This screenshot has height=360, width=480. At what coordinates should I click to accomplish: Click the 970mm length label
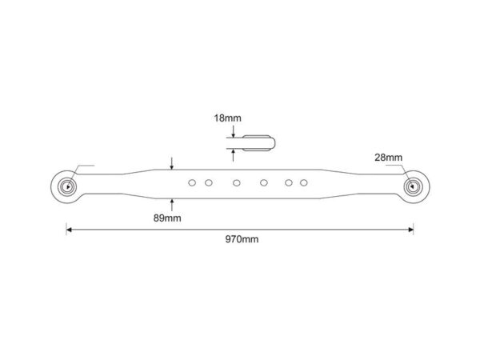[x=242, y=239]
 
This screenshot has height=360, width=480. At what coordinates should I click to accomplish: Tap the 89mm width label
[x=167, y=218]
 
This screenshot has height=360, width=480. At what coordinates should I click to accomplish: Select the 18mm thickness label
[x=227, y=118]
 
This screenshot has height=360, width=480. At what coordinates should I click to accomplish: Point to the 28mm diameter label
[x=389, y=158]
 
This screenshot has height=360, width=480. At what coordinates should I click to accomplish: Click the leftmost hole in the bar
[x=192, y=183]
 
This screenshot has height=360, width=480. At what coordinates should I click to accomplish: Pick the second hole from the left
[x=209, y=183]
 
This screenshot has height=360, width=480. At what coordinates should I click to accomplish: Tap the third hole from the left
[x=236, y=183]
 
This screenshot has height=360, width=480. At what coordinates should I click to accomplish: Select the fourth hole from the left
[x=264, y=183]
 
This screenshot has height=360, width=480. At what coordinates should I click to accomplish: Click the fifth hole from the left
[x=288, y=183]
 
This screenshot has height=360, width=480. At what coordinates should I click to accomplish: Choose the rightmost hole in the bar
[x=304, y=183]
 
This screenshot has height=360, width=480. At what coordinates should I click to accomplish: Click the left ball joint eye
[x=67, y=186]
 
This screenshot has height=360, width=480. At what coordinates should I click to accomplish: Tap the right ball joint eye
[x=414, y=186]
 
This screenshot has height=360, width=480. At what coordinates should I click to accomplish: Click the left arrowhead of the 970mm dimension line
[x=69, y=230]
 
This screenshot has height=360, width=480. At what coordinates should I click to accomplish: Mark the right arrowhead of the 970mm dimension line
[x=411, y=230]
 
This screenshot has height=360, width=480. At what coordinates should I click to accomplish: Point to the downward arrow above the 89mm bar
[x=172, y=163]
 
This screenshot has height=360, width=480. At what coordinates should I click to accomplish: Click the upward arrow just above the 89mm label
[x=172, y=205]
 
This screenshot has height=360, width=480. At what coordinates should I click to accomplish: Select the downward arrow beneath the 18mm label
[x=234, y=131]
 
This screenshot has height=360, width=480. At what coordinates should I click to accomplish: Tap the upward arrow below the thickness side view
[x=234, y=155]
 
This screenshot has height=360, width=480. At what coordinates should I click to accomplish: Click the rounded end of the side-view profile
[x=273, y=143]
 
